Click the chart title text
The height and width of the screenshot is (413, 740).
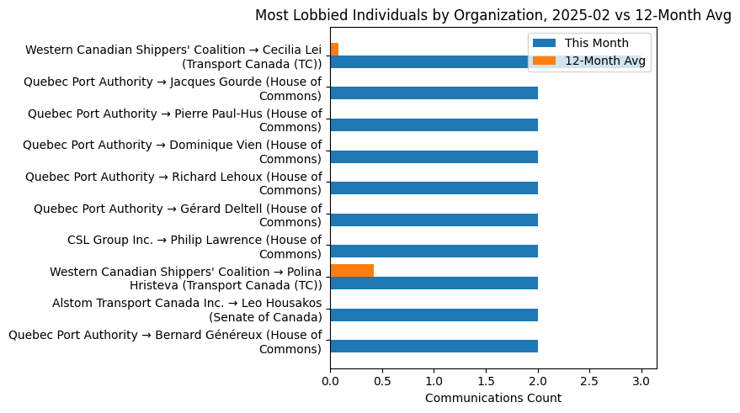(493, 14)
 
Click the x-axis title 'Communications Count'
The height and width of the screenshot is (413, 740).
(493, 398)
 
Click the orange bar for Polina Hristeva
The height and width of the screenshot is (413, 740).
(352, 270)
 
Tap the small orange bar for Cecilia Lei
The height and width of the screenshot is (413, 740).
(334, 49)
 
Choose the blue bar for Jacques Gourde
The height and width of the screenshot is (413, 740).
(434, 93)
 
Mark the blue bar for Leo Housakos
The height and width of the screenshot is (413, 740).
(434, 315)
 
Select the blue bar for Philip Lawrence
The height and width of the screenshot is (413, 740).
(434, 252)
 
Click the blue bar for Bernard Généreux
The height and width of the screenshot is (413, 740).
(434, 347)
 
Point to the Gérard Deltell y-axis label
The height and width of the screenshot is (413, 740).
(178, 215)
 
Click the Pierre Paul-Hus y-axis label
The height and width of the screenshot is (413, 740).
(174, 120)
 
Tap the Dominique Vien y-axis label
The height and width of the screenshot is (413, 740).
(172, 151)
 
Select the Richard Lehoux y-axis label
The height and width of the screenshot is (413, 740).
(173, 183)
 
